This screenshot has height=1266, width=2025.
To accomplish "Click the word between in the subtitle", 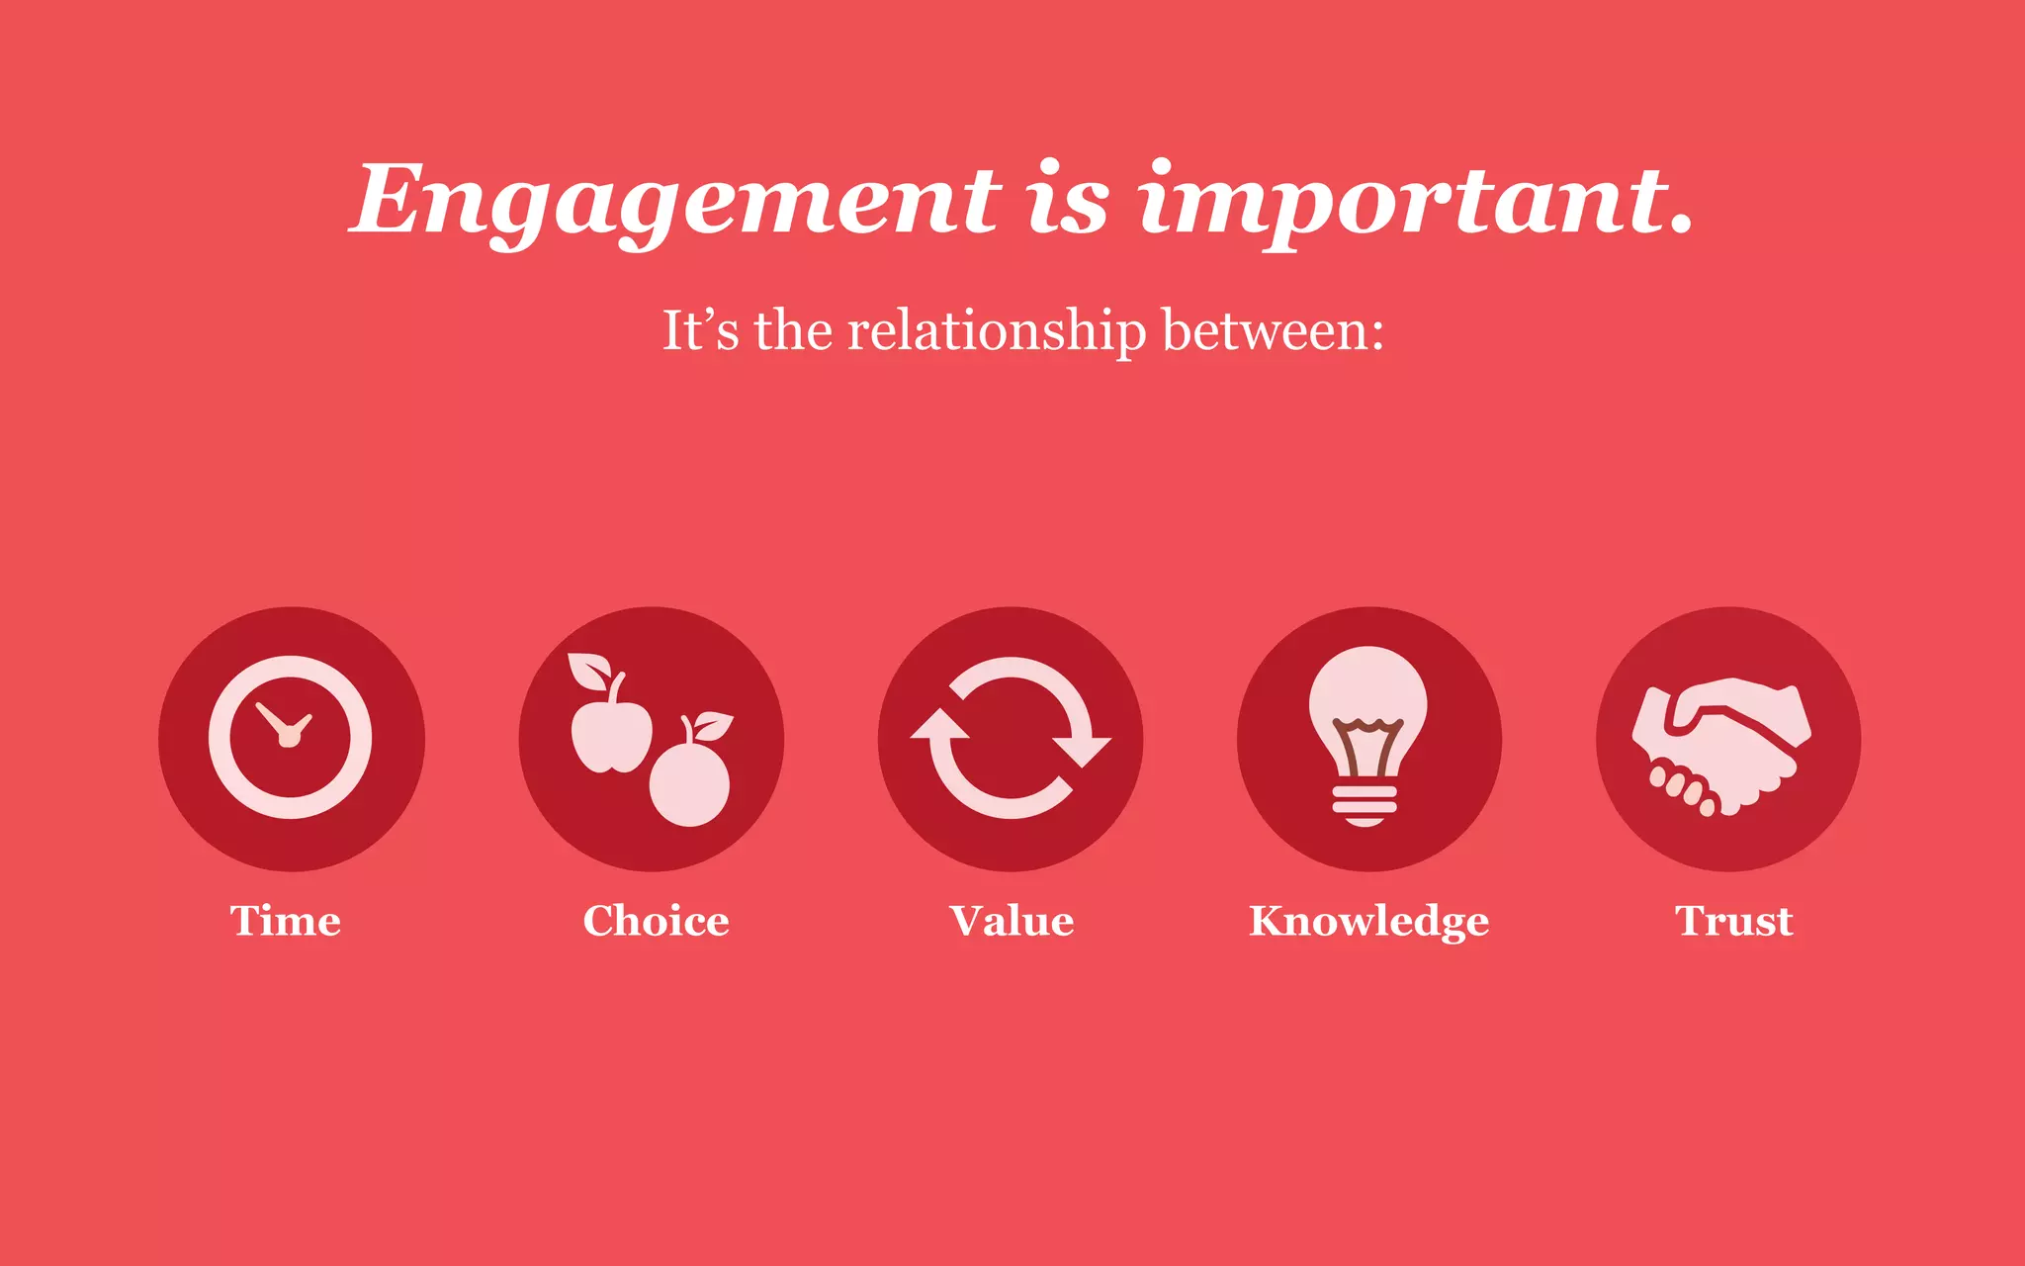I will pos(1273,330).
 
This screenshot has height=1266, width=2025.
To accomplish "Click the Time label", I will pos(286,921).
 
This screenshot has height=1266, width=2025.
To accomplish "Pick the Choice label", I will pos(656,921).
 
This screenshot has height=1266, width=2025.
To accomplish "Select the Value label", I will pos(1012,921).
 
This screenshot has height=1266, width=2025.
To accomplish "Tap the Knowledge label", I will pos(1368,922).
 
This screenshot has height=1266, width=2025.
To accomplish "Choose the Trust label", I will pos(1733,921).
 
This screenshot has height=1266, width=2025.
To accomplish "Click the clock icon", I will pos(291,738).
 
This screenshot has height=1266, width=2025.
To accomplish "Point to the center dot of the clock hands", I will pos(289,739).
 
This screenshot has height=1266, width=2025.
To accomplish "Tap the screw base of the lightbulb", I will pos(1365,804).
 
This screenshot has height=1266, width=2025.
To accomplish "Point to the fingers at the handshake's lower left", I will pos(1681,786).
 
